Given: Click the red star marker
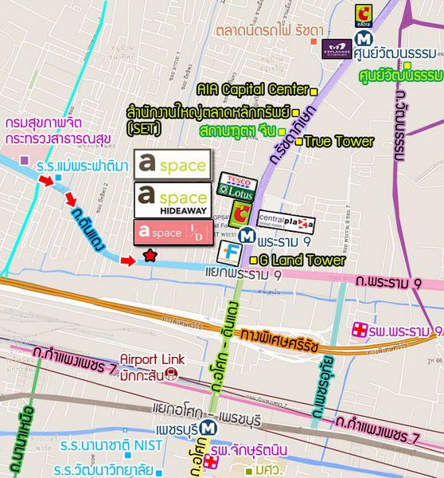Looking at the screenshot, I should tap(149, 256).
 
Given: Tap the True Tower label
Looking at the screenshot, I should tap(339, 142).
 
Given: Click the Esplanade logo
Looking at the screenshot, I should tap(338, 49).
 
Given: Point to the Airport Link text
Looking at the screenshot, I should tap(151, 360).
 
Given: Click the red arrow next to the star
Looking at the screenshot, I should tap(127, 261).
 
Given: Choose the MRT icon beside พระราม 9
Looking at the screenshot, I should tap(249, 236).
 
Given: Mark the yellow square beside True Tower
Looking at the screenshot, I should tap(299, 142).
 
